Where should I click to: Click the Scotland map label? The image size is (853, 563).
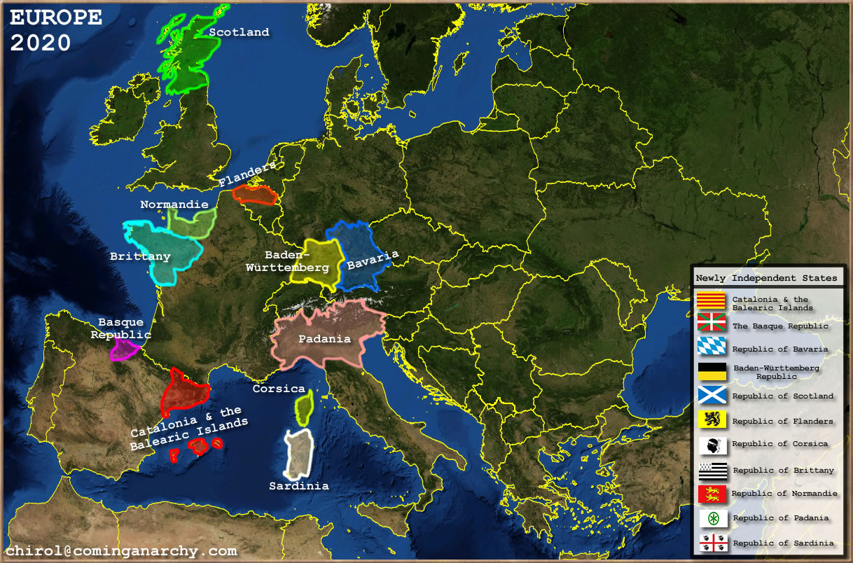coord(239,32)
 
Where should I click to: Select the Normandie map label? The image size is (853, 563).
coord(174,204)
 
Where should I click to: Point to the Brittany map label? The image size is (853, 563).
coord(140,256)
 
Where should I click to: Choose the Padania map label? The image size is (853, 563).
coord(324,339)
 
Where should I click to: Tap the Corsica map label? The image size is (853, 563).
coord(279,389)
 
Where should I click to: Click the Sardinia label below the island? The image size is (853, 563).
coord(299,485)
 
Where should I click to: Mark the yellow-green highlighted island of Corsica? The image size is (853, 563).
coord(304,408)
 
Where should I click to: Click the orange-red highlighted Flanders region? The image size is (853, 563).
coord(254,194)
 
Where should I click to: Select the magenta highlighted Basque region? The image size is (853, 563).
coord(125,349)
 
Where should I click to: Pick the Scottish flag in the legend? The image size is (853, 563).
coord(712,396)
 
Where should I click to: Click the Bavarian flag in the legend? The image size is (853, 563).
coord(712,348)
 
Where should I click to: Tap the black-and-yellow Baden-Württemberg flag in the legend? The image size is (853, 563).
coord(712,371)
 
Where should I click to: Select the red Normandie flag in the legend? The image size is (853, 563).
coord(712,494)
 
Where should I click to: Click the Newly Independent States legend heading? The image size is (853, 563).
coord(766,278)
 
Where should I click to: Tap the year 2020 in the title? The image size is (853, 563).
coord(41,43)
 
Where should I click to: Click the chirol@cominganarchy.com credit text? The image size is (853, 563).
coord(121,551)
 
